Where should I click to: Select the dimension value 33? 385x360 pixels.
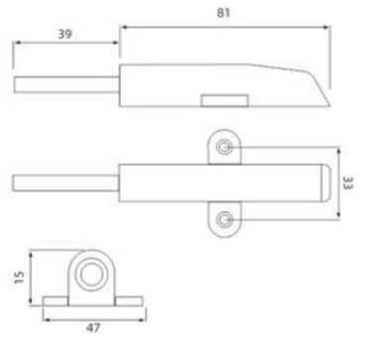point(348,183)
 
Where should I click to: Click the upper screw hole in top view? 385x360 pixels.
point(227,147)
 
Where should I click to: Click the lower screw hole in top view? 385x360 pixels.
point(227,219)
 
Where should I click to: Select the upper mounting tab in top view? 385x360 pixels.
point(224,146)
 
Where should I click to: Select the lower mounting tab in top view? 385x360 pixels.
point(224,220)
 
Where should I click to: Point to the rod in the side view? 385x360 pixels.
point(65,84)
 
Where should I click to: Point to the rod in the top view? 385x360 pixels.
point(65,183)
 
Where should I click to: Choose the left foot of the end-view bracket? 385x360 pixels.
point(55,300)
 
